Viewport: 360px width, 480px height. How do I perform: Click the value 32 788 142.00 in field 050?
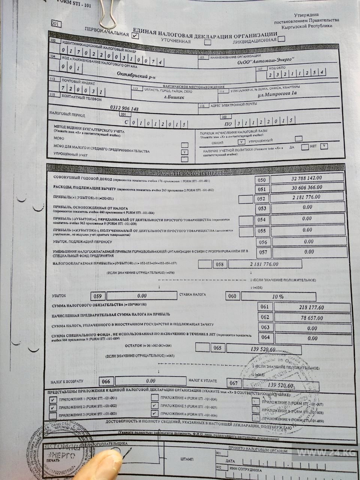coord(307,178)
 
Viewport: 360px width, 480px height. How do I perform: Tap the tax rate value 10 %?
coord(277,296)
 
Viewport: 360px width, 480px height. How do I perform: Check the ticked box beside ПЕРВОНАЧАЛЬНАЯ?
coord(135,35)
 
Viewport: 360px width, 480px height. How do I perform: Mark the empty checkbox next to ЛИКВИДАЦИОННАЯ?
coord(281,38)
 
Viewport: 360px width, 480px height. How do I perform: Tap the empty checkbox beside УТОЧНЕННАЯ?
coord(207,42)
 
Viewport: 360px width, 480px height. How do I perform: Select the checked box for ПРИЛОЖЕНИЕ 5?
coord(154,405)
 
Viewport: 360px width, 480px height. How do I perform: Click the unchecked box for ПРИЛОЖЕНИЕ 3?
coord(53,415)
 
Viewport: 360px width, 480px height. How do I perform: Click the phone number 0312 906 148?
coord(124,108)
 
